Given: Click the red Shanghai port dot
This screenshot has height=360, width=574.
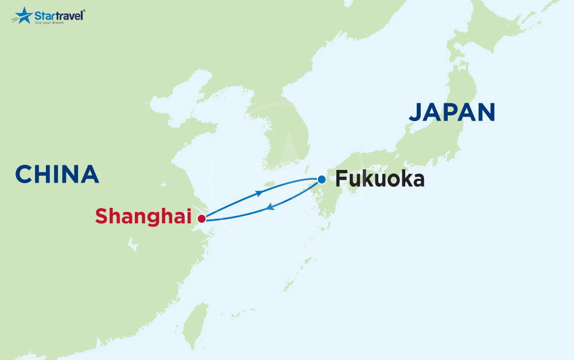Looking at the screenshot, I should (201, 219).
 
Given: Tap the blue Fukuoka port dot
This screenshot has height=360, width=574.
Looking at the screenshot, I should (321, 179).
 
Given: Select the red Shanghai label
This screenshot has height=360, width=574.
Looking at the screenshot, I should (143, 216).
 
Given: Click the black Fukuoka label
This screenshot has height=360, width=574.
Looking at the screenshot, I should (380, 180).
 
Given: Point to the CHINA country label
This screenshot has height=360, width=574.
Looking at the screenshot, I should (57, 174).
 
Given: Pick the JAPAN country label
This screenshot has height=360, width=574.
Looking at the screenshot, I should (452, 112).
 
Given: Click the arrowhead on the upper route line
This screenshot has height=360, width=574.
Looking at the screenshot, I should (259, 193).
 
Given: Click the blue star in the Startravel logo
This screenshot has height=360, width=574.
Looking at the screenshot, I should (23, 16).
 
